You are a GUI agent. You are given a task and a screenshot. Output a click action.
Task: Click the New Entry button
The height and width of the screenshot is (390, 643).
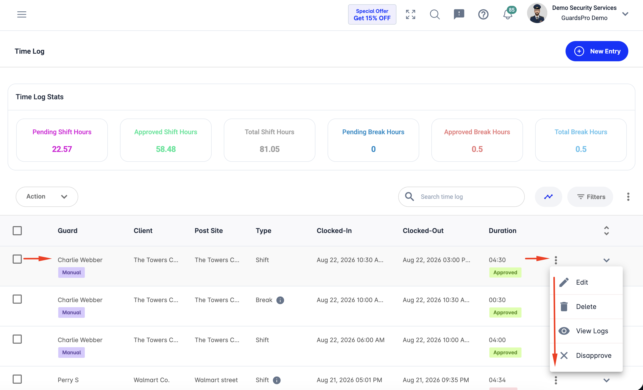click(x=597, y=51)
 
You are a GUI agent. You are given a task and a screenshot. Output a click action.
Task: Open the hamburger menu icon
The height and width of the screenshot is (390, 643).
click(x=22, y=14)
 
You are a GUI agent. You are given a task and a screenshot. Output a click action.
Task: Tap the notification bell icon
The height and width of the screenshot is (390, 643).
click(x=508, y=14)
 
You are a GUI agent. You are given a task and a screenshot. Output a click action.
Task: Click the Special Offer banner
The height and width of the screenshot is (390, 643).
click(x=372, y=14)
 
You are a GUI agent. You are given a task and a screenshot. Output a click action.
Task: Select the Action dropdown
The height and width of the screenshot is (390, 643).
click(x=47, y=197)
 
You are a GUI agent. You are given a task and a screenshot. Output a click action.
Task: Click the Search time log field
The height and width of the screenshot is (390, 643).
click(x=461, y=197)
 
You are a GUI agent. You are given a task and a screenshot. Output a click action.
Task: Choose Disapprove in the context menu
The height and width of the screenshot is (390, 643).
click(x=593, y=355)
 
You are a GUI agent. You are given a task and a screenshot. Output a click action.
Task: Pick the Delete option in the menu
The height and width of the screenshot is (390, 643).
click(x=586, y=306)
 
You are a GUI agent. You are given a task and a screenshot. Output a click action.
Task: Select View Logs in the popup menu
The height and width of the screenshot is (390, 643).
click(x=592, y=331)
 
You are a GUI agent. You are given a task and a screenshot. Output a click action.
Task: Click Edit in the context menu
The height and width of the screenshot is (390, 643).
click(x=582, y=282)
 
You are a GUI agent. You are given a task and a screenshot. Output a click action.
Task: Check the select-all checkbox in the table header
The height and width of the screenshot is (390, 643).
click(x=17, y=230)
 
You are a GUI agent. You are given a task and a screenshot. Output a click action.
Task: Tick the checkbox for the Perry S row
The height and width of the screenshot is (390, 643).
click(x=17, y=379)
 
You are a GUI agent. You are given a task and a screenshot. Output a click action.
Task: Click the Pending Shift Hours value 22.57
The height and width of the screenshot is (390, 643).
click(x=62, y=149)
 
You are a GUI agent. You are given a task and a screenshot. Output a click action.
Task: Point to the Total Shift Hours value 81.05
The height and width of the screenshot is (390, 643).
click(x=269, y=149)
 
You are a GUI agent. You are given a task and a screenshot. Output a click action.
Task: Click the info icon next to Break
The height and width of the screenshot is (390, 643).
click(x=280, y=300)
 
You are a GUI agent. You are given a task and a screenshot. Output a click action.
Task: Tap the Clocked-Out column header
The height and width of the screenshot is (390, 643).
click(x=423, y=230)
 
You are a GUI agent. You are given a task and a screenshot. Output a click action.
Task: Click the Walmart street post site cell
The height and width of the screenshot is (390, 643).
click(x=216, y=380)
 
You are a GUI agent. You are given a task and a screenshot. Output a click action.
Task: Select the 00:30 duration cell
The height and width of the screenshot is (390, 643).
click(x=497, y=300)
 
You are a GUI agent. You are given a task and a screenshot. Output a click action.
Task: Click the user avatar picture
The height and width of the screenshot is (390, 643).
click(x=537, y=13)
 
